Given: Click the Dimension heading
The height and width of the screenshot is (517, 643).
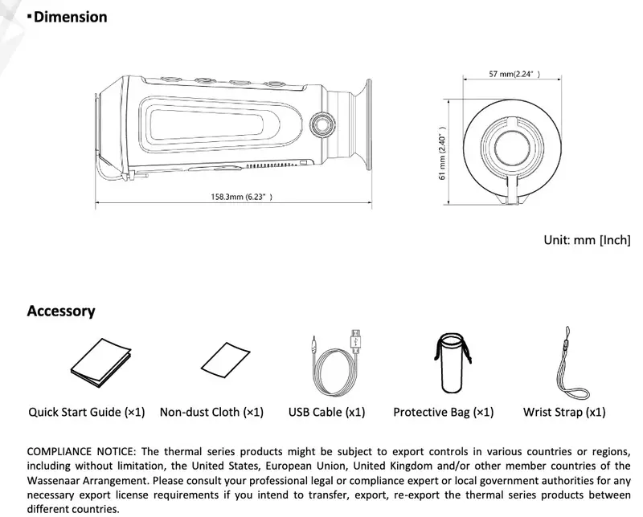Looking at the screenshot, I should (x=71, y=17).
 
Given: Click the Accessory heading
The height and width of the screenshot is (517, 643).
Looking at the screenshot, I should (x=61, y=311).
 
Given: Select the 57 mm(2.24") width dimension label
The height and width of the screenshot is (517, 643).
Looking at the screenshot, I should (x=514, y=74).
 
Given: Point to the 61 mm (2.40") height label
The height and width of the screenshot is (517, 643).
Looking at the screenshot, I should (x=442, y=153).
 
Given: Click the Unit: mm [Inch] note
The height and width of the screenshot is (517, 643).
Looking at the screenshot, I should (x=587, y=240).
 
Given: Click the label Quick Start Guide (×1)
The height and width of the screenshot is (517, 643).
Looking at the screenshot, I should (x=87, y=413).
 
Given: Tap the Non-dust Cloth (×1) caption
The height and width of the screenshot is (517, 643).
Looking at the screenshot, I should (x=211, y=413).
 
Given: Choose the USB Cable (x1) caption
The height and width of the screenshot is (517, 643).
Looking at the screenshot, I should (x=326, y=413).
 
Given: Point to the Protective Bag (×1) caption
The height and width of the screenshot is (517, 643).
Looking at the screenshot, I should (x=443, y=413).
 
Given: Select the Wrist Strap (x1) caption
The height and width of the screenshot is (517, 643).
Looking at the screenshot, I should (x=564, y=413).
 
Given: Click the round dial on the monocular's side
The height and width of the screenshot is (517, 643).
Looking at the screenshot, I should (x=324, y=126).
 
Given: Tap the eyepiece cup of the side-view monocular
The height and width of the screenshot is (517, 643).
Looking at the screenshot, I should (x=362, y=125).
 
